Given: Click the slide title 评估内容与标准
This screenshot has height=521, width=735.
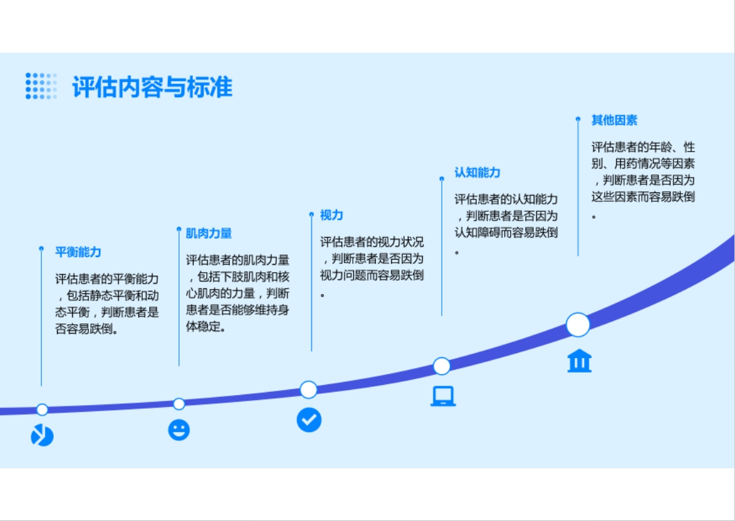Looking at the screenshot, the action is [x=152, y=87].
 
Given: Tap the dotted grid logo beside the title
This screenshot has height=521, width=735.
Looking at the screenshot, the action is [x=41, y=86].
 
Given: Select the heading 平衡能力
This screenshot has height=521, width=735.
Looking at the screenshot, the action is [x=78, y=252].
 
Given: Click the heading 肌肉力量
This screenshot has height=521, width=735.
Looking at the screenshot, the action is [x=209, y=233].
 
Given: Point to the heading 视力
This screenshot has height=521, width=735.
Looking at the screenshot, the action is [x=331, y=215].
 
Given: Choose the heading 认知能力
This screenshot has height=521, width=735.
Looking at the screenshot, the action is [x=477, y=172].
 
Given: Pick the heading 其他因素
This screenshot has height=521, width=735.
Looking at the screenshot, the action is [x=614, y=120].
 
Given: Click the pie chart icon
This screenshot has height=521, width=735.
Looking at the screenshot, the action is [x=42, y=435].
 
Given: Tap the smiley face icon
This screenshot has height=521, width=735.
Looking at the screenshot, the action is [x=179, y=430].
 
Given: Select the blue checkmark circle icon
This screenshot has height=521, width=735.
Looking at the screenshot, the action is [x=309, y=419].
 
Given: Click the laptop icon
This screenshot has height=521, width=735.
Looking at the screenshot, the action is [x=443, y=396].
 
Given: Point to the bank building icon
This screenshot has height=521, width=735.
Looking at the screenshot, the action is [x=580, y=360].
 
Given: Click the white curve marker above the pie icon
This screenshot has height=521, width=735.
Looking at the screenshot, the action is [x=42, y=410].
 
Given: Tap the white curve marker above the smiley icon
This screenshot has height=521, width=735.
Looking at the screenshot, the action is [x=179, y=404].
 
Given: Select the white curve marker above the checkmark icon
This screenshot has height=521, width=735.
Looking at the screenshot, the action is [x=308, y=389].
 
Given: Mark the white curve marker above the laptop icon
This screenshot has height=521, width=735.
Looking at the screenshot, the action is [x=442, y=366].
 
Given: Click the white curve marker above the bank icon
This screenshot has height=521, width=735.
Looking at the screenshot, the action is [x=578, y=325].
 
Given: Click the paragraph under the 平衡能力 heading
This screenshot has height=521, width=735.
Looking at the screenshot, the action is [x=107, y=304].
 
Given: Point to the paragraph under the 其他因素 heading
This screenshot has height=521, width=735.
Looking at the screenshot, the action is [x=643, y=180].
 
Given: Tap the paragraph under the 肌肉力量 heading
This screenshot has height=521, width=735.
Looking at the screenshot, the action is [x=237, y=293].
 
